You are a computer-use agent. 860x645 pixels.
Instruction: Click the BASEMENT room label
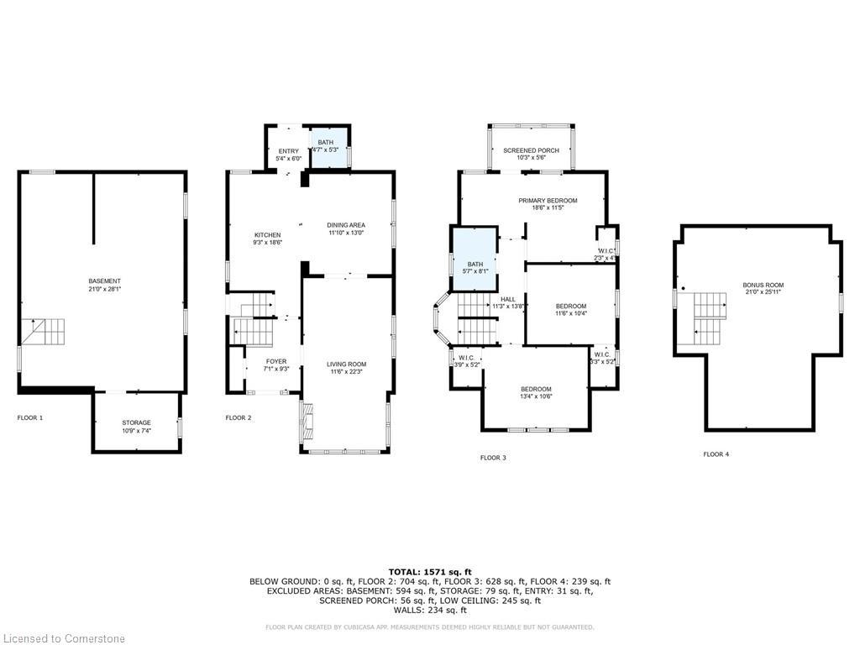105,281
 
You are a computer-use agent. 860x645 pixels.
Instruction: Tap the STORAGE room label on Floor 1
135,422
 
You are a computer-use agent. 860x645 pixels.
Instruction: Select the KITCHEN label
268,234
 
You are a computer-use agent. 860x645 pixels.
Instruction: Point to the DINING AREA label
346,224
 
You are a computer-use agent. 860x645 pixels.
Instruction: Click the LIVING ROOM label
347,364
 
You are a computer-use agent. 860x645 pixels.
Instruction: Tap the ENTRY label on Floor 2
288,151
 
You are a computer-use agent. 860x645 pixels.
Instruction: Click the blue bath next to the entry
328,147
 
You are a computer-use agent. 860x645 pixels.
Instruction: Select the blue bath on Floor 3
475,260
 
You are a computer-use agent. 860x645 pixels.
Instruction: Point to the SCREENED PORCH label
531,150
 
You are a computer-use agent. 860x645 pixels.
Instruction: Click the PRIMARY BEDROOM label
548,201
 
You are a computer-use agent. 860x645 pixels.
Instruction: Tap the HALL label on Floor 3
508,299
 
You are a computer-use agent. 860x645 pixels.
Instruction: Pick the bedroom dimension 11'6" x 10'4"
571,313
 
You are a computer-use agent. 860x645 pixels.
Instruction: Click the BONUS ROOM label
763,286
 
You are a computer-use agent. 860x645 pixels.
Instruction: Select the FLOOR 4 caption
716,454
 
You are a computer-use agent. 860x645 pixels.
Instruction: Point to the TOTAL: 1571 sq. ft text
430,571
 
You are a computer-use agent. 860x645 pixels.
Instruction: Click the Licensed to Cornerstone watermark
63,638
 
